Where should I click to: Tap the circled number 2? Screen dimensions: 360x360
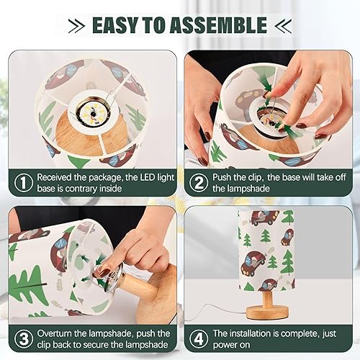pos(198,182)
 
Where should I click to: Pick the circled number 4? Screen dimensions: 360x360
pos(198,338)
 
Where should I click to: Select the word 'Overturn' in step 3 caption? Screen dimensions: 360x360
pos(58,333)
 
